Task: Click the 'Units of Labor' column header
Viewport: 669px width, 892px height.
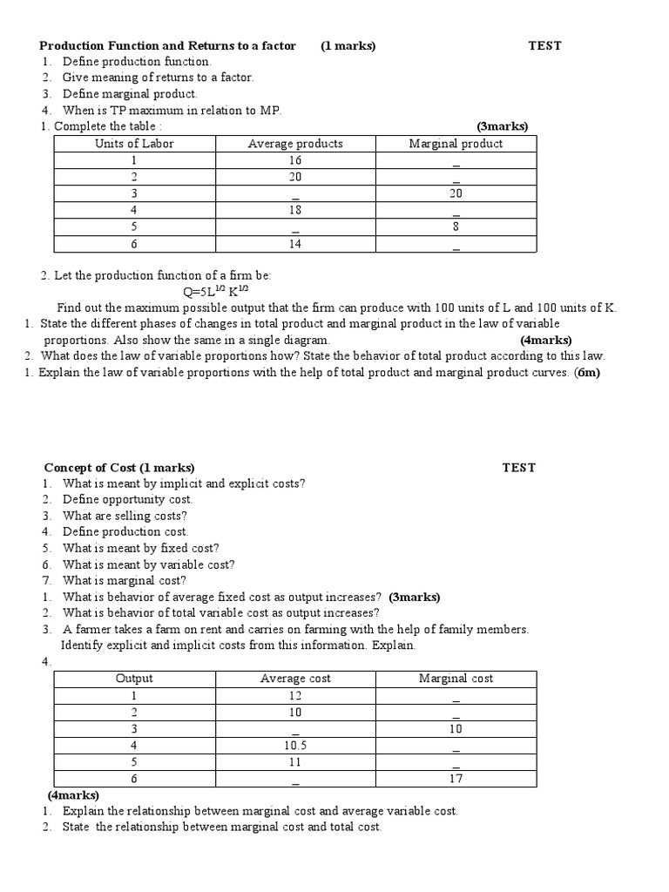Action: (x=133, y=144)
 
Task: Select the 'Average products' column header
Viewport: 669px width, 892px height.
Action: (x=295, y=144)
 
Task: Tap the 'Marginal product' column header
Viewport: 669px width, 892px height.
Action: (x=456, y=144)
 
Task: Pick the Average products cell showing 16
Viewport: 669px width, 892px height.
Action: (x=295, y=160)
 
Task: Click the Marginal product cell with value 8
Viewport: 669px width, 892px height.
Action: (x=456, y=226)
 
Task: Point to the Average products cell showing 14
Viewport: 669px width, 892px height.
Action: (x=295, y=244)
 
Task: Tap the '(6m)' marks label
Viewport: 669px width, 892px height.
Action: (x=587, y=372)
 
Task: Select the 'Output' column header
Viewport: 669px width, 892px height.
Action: (x=133, y=679)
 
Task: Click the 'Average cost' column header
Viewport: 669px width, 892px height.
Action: (x=295, y=679)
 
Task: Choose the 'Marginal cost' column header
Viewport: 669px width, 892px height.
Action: (x=456, y=679)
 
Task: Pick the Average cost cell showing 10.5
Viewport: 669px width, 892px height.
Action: (x=295, y=746)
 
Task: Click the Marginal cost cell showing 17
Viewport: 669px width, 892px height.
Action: (x=456, y=779)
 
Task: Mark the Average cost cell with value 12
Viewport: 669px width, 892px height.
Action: (x=295, y=695)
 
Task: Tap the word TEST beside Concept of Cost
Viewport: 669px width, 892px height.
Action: (x=519, y=468)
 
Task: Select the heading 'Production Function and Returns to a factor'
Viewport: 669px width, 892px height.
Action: (x=168, y=45)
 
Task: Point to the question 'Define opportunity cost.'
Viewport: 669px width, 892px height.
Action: (x=127, y=499)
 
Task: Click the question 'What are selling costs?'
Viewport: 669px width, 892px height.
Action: (x=125, y=516)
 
